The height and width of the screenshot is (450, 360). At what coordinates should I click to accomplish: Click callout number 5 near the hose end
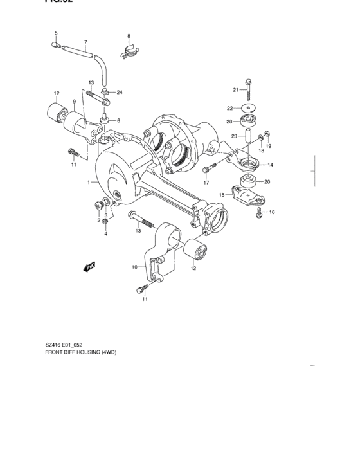pos(55,33)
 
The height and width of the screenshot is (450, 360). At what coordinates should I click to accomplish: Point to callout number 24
pos(119,92)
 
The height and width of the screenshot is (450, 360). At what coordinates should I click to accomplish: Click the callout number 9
pos(74,102)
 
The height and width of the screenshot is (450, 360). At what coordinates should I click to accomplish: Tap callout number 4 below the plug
pos(105,233)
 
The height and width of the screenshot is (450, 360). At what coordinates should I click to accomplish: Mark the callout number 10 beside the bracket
pos(134,267)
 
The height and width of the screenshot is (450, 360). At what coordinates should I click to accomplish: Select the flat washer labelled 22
pos(248,107)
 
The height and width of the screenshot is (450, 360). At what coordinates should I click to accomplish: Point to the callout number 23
pos(235,136)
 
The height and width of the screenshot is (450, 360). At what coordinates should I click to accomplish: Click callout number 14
pos(270,165)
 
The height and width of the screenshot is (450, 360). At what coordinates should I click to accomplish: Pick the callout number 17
pos(206,183)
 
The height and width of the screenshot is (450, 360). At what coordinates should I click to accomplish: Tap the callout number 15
pos(221,194)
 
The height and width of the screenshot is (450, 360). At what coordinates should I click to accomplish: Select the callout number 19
pos(269,147)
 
